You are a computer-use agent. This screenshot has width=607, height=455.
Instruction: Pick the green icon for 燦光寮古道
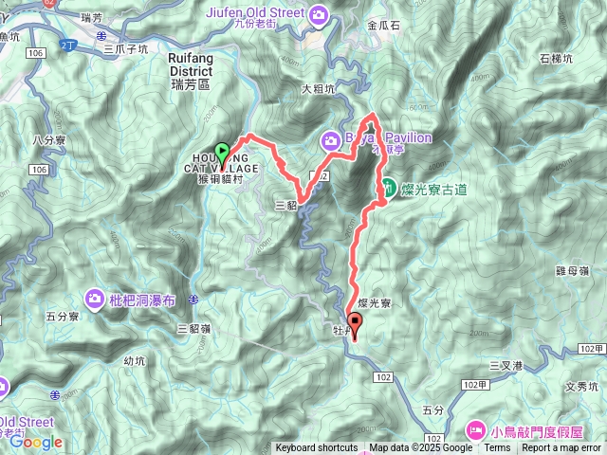pyautogui.click(x=388, y=187)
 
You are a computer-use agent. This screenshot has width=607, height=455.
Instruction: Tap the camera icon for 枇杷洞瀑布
pyautogui.click(x=95, y=300)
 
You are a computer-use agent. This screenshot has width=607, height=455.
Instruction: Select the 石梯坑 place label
pyautogui.click(x=556, y=59)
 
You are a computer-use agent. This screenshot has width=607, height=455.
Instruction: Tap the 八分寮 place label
pyautogui.click(x=46, y=139)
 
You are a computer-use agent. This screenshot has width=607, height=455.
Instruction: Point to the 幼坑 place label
pyautogui.click(x=138, y=360)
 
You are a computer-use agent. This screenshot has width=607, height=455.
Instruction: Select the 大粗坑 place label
pyautogui.click(x=319, y=90)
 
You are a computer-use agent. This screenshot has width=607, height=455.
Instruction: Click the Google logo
pyautogui.click(x=36, y=442)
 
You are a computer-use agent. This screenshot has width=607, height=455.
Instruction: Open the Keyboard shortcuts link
pyautogui.click(x=317, y=448)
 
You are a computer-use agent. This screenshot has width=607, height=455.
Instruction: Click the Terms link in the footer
pyautogui.click(x=497, y=448)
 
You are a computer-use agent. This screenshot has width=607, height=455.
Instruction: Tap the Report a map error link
pyautogui.click(x=561, y=448)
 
